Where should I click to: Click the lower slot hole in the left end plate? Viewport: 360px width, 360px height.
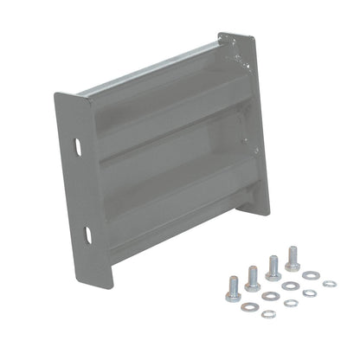click(88, 233)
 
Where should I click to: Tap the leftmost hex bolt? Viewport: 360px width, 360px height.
click(233, 289)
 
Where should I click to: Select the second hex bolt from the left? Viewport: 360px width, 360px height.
click(252, 277)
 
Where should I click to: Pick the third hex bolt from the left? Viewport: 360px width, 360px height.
click(273, 266)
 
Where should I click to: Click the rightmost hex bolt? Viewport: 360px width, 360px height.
click(292, 257)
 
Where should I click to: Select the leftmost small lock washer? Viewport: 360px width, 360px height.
click(267, 313)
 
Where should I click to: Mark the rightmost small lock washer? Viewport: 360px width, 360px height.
click(329, 283)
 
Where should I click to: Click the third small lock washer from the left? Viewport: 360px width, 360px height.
click(309, 293)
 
